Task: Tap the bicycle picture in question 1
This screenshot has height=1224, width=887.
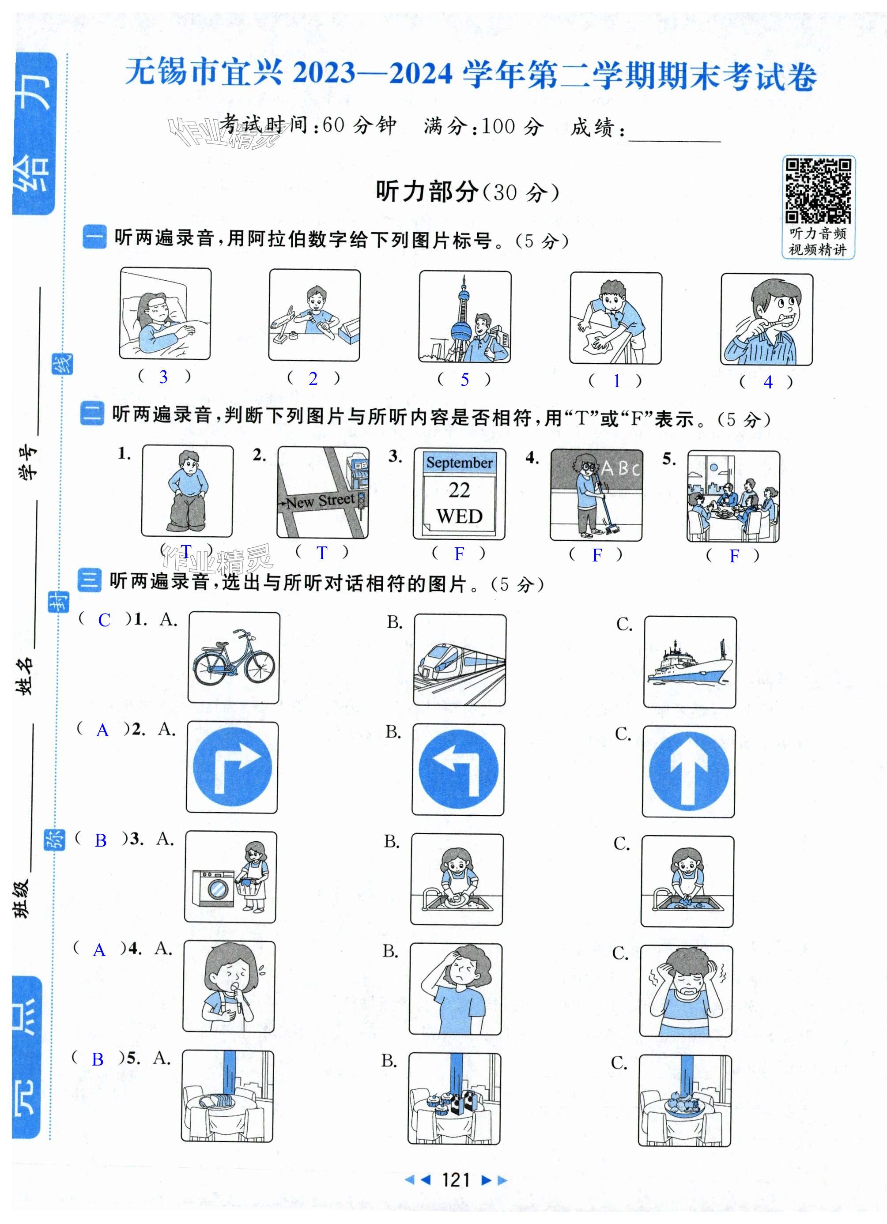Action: pyautogui.click(x=234, y=657)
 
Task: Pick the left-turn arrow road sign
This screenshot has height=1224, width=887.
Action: pyautogui.click(x=458, y=769)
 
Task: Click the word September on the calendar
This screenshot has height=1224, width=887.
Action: pyautogui.click(x=460, y=463)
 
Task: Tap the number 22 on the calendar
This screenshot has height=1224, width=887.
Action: pyautogui.click(x=460, y=490)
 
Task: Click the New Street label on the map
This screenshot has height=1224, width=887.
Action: pyautogui.click(x=320, y=501)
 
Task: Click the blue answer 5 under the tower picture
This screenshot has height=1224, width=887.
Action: pyautogui.click(x=464, y=380)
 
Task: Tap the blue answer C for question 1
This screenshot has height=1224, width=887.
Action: pyautogui.click(x=104, y=620)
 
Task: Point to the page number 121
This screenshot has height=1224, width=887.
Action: pyautogui.click(x=456, y=1180)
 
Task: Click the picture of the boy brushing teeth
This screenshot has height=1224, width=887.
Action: pyautogui.click(x=766, y=320)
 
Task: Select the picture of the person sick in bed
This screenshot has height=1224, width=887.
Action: pyautogui.click(x=165, y=313)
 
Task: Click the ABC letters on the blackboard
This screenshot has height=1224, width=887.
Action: pyautogui.click(x=620, y=467)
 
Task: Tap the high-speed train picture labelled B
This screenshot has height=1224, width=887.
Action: pyautogui.click(x=460, y=660)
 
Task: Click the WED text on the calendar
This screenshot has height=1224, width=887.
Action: pyautogui.click(x=460, y=516)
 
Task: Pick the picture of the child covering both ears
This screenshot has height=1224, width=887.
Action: pyautogui.click(x=686, y=991)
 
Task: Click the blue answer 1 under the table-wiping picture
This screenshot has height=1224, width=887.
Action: pyautogui.click(x=616, y=381)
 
